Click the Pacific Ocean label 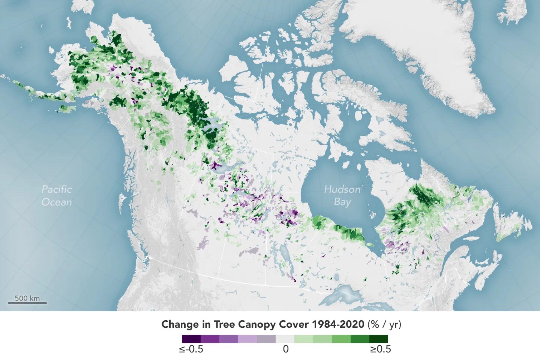[x=57, y=195]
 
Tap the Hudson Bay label [x=342, y=195]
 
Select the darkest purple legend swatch [x=191, y=339]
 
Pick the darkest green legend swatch [x=378, y=339]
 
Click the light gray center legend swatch [x=285, y=339]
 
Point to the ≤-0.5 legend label [x=191, y=349]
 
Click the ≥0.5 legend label [x=380, y=349]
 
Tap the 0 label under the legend [x=286, y=349]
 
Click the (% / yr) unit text [x=384, y=324]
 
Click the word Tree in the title [x=224, y=324]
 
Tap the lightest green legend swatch [x=303, y=339]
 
